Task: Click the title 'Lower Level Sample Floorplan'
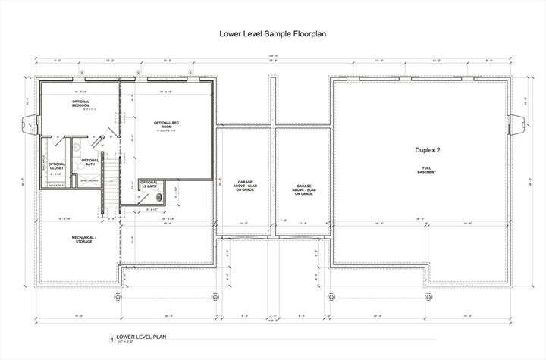(273, 34)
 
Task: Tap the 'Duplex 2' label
(428, 150)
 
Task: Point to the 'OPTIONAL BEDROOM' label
(81, 104)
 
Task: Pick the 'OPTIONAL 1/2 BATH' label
(149, 183)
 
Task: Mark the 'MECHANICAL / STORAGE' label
(84, 239)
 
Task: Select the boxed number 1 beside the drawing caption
(113, 338)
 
